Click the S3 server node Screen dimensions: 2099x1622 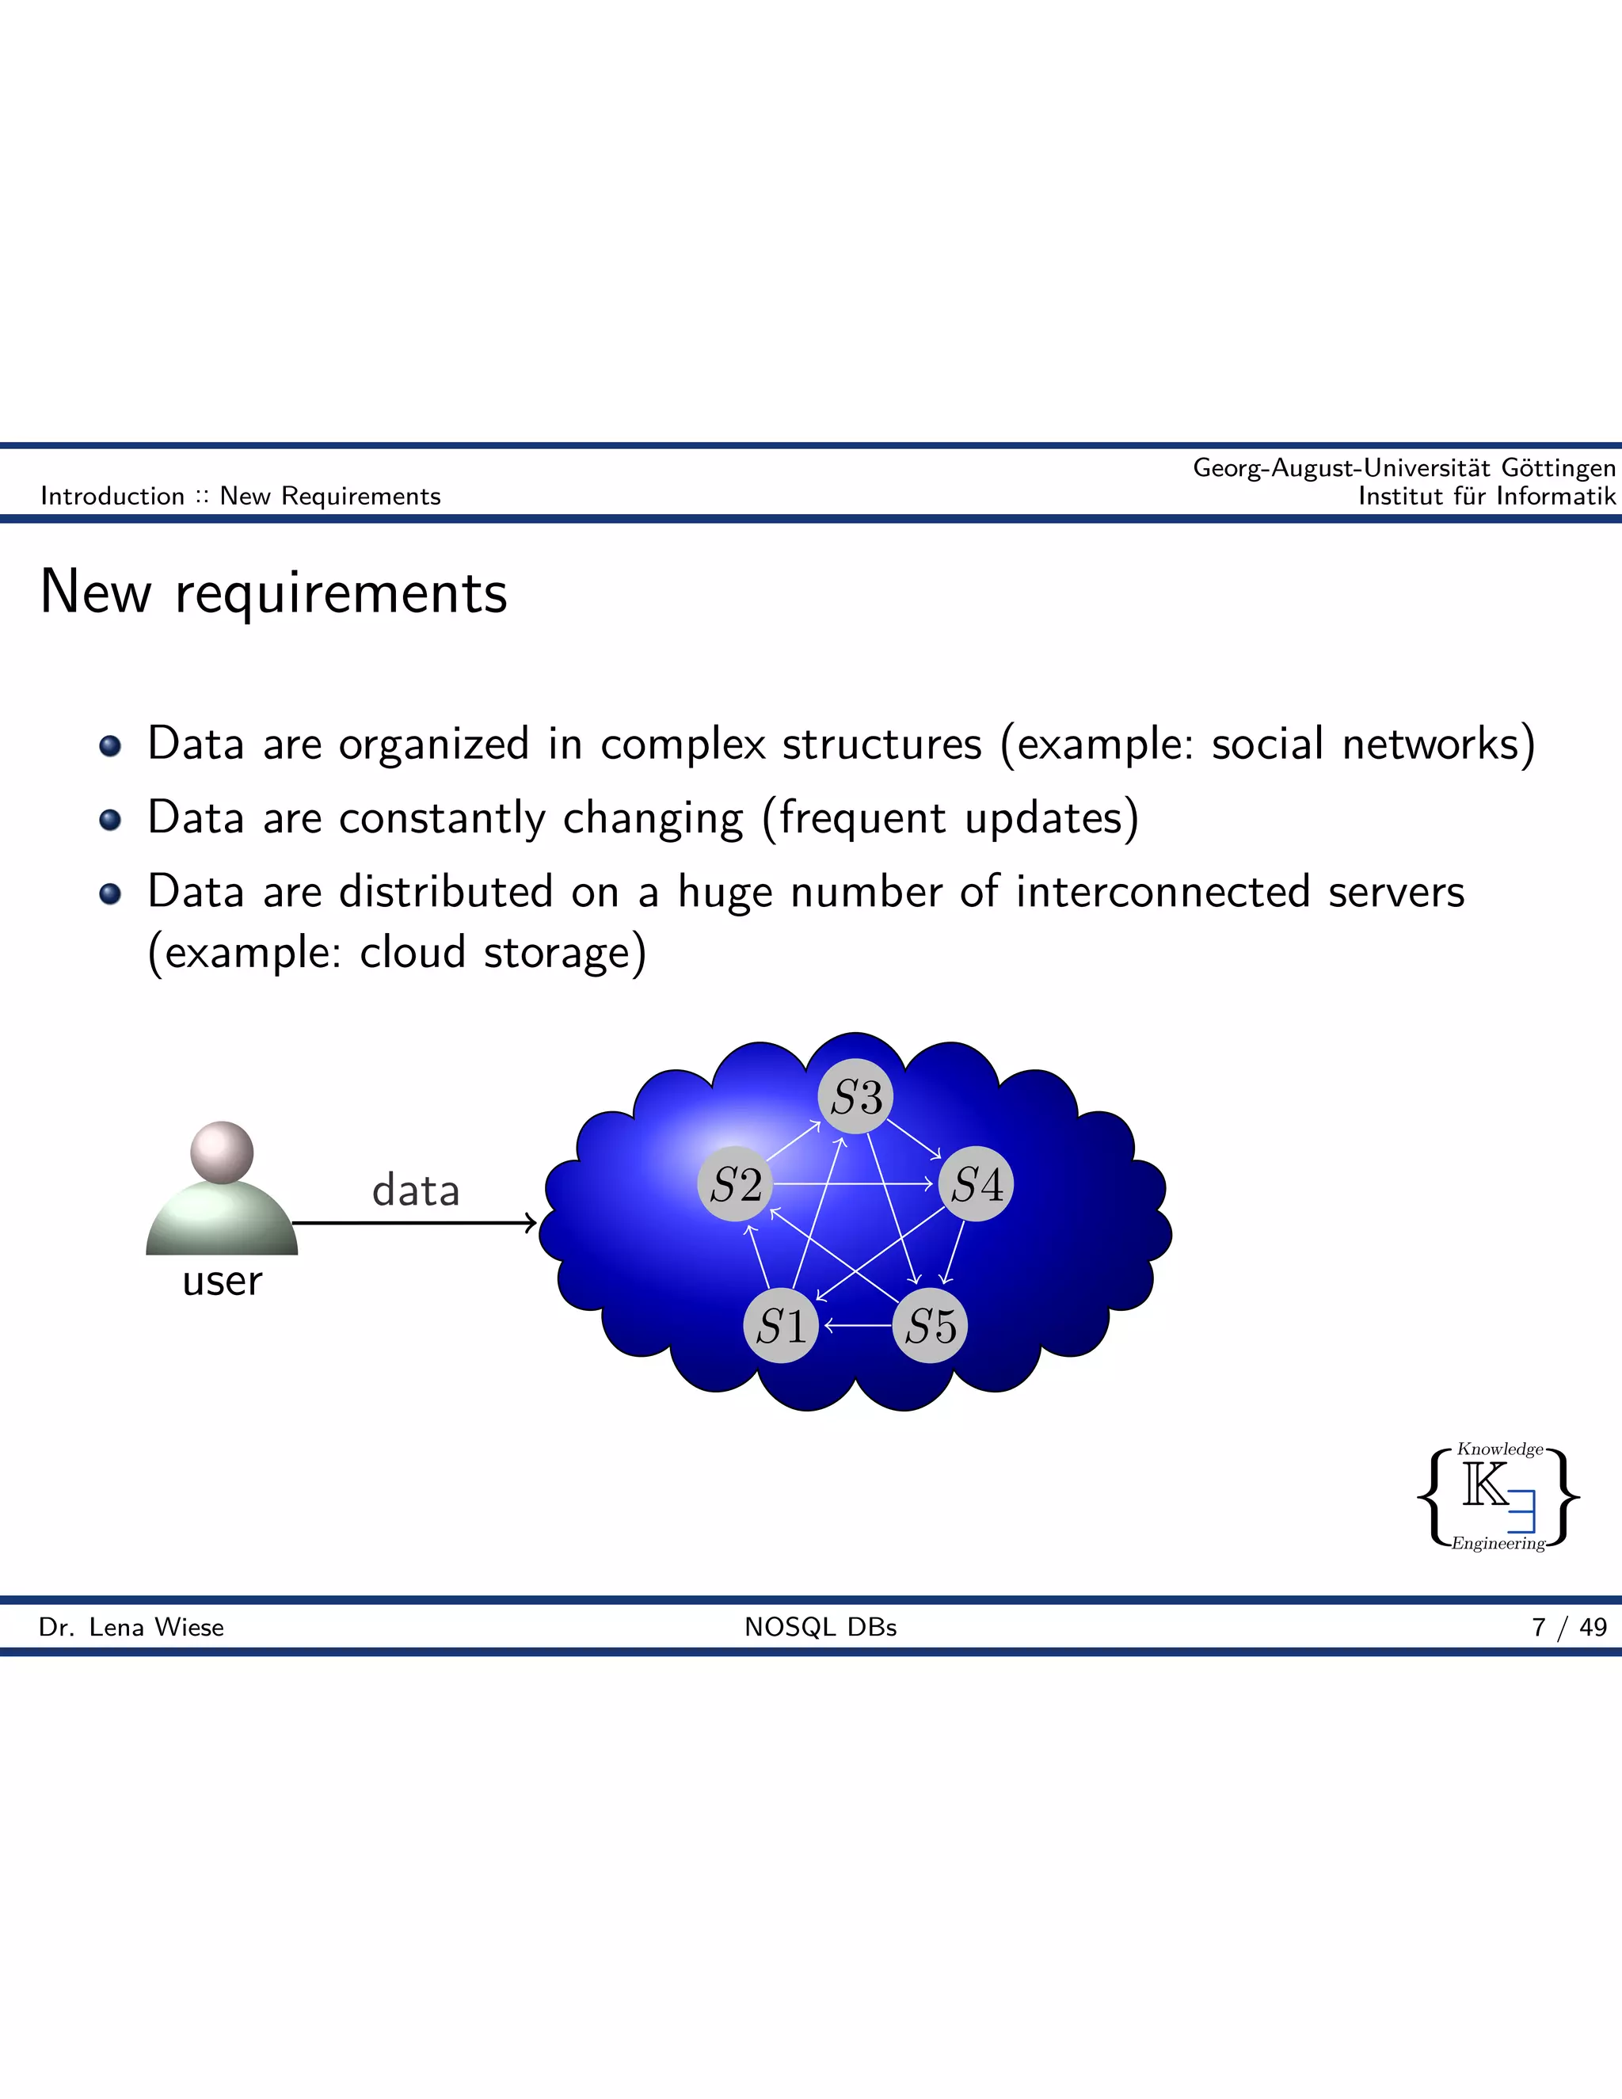click(x=855, y=1096)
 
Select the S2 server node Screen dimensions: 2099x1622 click(x=735, y=1184)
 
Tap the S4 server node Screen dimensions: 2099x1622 click(x=977, y=1184)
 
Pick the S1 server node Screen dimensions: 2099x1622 click(x=780, y=1326)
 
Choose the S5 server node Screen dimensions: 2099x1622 click(x=930, y=1326)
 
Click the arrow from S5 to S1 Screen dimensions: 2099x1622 click(x=857, y=1326)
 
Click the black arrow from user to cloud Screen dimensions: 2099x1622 click(x=413, y=1222)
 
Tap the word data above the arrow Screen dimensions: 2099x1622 click(x=416, y=1190)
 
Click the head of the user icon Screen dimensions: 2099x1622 click(x=222, y=1152)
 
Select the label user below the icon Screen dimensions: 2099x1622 click(x=222, y=1281)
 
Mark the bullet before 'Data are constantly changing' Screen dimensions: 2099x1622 click(x=111, y=820)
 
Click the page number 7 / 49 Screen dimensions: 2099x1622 click(x=1569, y=1627)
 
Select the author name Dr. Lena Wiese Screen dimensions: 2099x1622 click(x=131, y=1627)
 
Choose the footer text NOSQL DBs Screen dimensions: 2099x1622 click(x=821, y=1627)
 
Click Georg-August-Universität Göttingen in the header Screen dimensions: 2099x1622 click(x=1404, y=468)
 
